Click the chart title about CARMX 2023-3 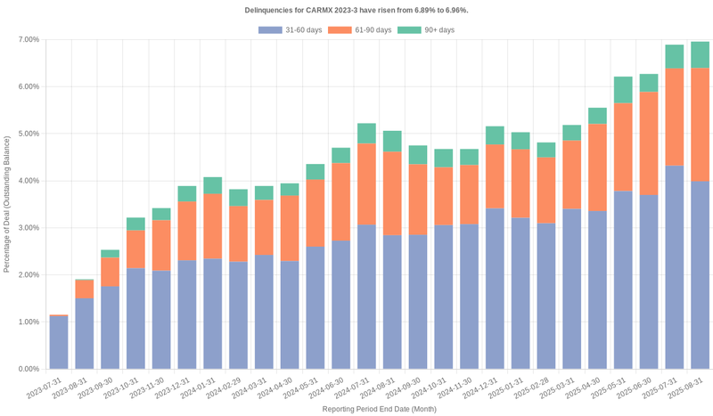(356, 10)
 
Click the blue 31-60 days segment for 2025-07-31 (675, 267)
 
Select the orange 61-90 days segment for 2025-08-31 (701, 125)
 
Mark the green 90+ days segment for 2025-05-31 (623, 90)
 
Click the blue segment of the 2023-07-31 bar (59, 343)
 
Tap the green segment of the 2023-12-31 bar (187, 193)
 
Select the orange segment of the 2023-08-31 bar (85, 290)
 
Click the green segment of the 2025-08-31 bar (701, 54)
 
